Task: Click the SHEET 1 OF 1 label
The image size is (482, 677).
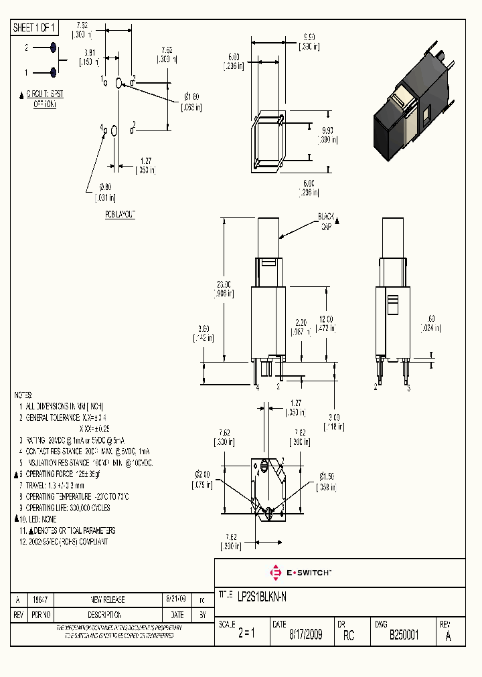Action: point(35,28)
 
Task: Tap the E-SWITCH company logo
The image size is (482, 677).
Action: point(301,573)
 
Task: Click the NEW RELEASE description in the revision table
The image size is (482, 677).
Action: point(107,599)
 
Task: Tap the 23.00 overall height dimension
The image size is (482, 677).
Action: point(224,288)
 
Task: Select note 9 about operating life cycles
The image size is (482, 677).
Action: point(66,508)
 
